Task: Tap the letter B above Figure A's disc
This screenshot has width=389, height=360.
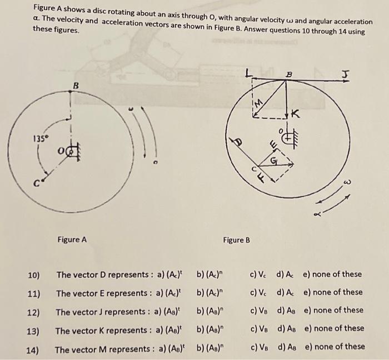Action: point(76,85)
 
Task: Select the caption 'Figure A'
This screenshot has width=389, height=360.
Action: point(72,240)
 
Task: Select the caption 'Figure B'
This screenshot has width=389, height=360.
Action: point(236,240)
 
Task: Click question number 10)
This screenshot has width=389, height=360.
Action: point(34,274)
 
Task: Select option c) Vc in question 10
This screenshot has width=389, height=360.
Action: point(257,274)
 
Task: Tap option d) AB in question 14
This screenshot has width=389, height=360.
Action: point(287,347)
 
